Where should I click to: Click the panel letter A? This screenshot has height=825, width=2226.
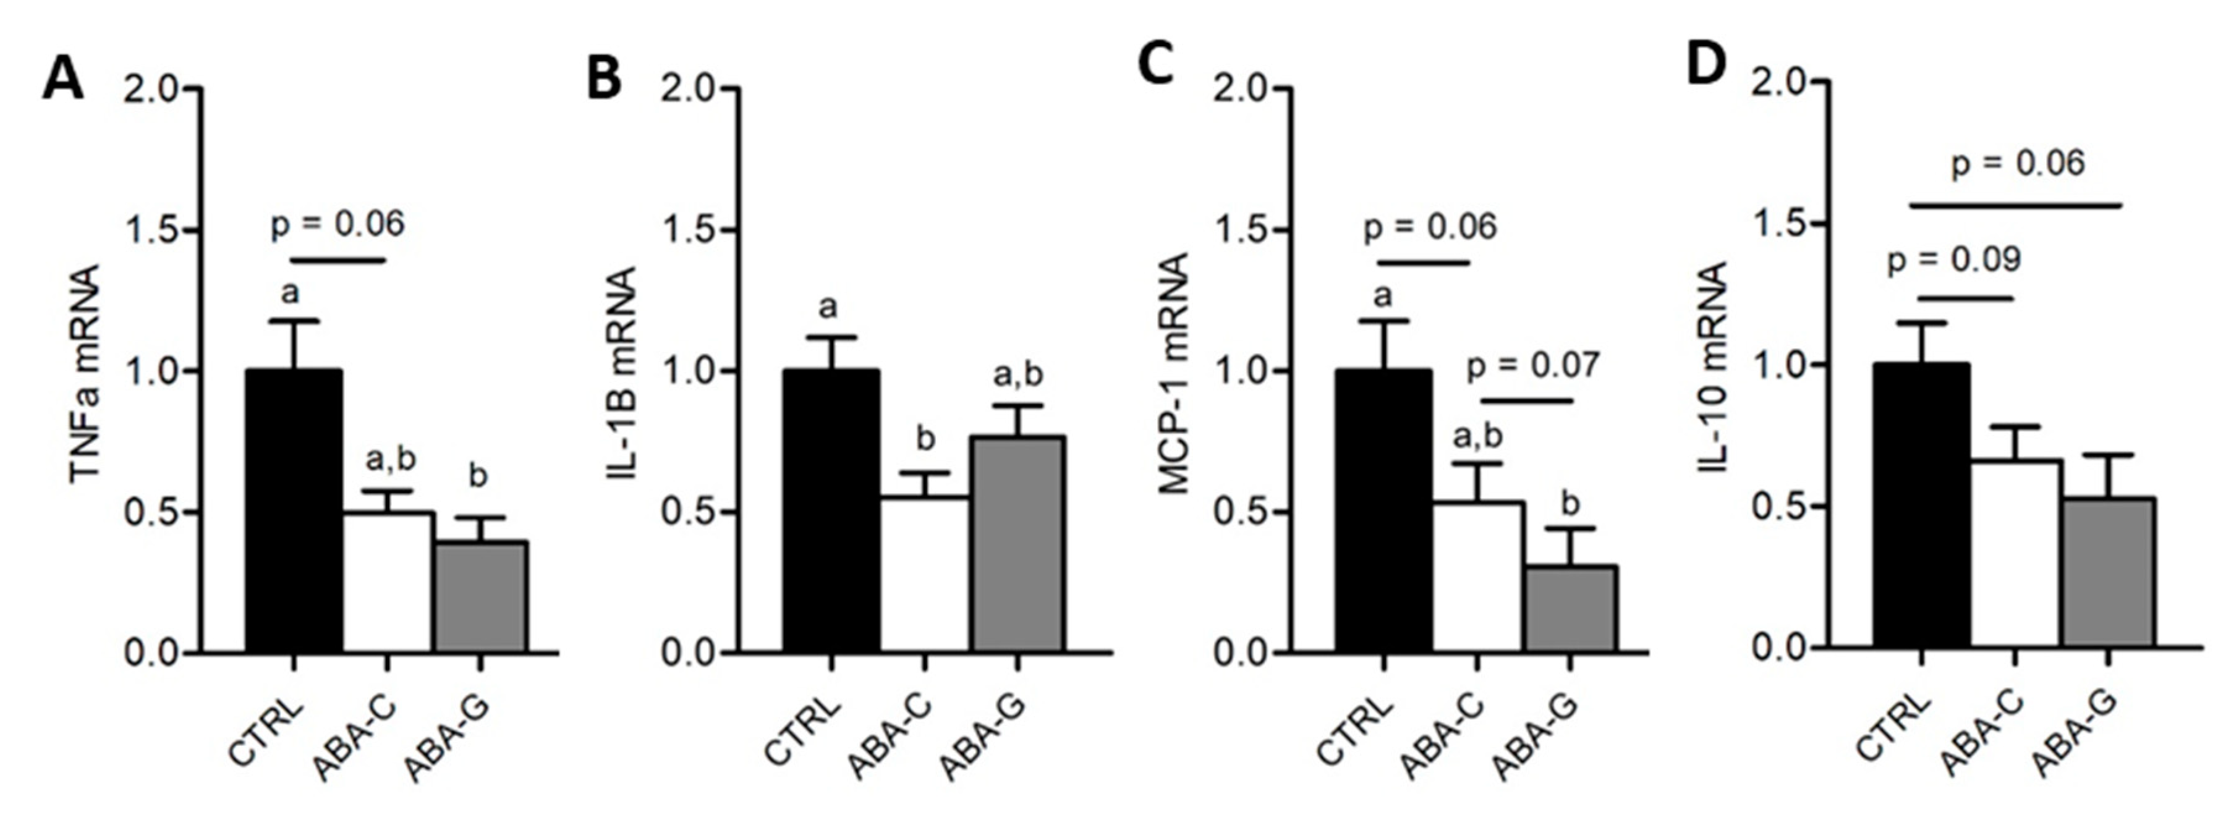tap(63, 80)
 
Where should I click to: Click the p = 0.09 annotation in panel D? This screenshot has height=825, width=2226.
tap(1953, 259)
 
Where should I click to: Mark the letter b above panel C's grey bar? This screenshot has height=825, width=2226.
tap(1570, 503)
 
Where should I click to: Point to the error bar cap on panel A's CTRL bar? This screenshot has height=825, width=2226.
tap(294, 321)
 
